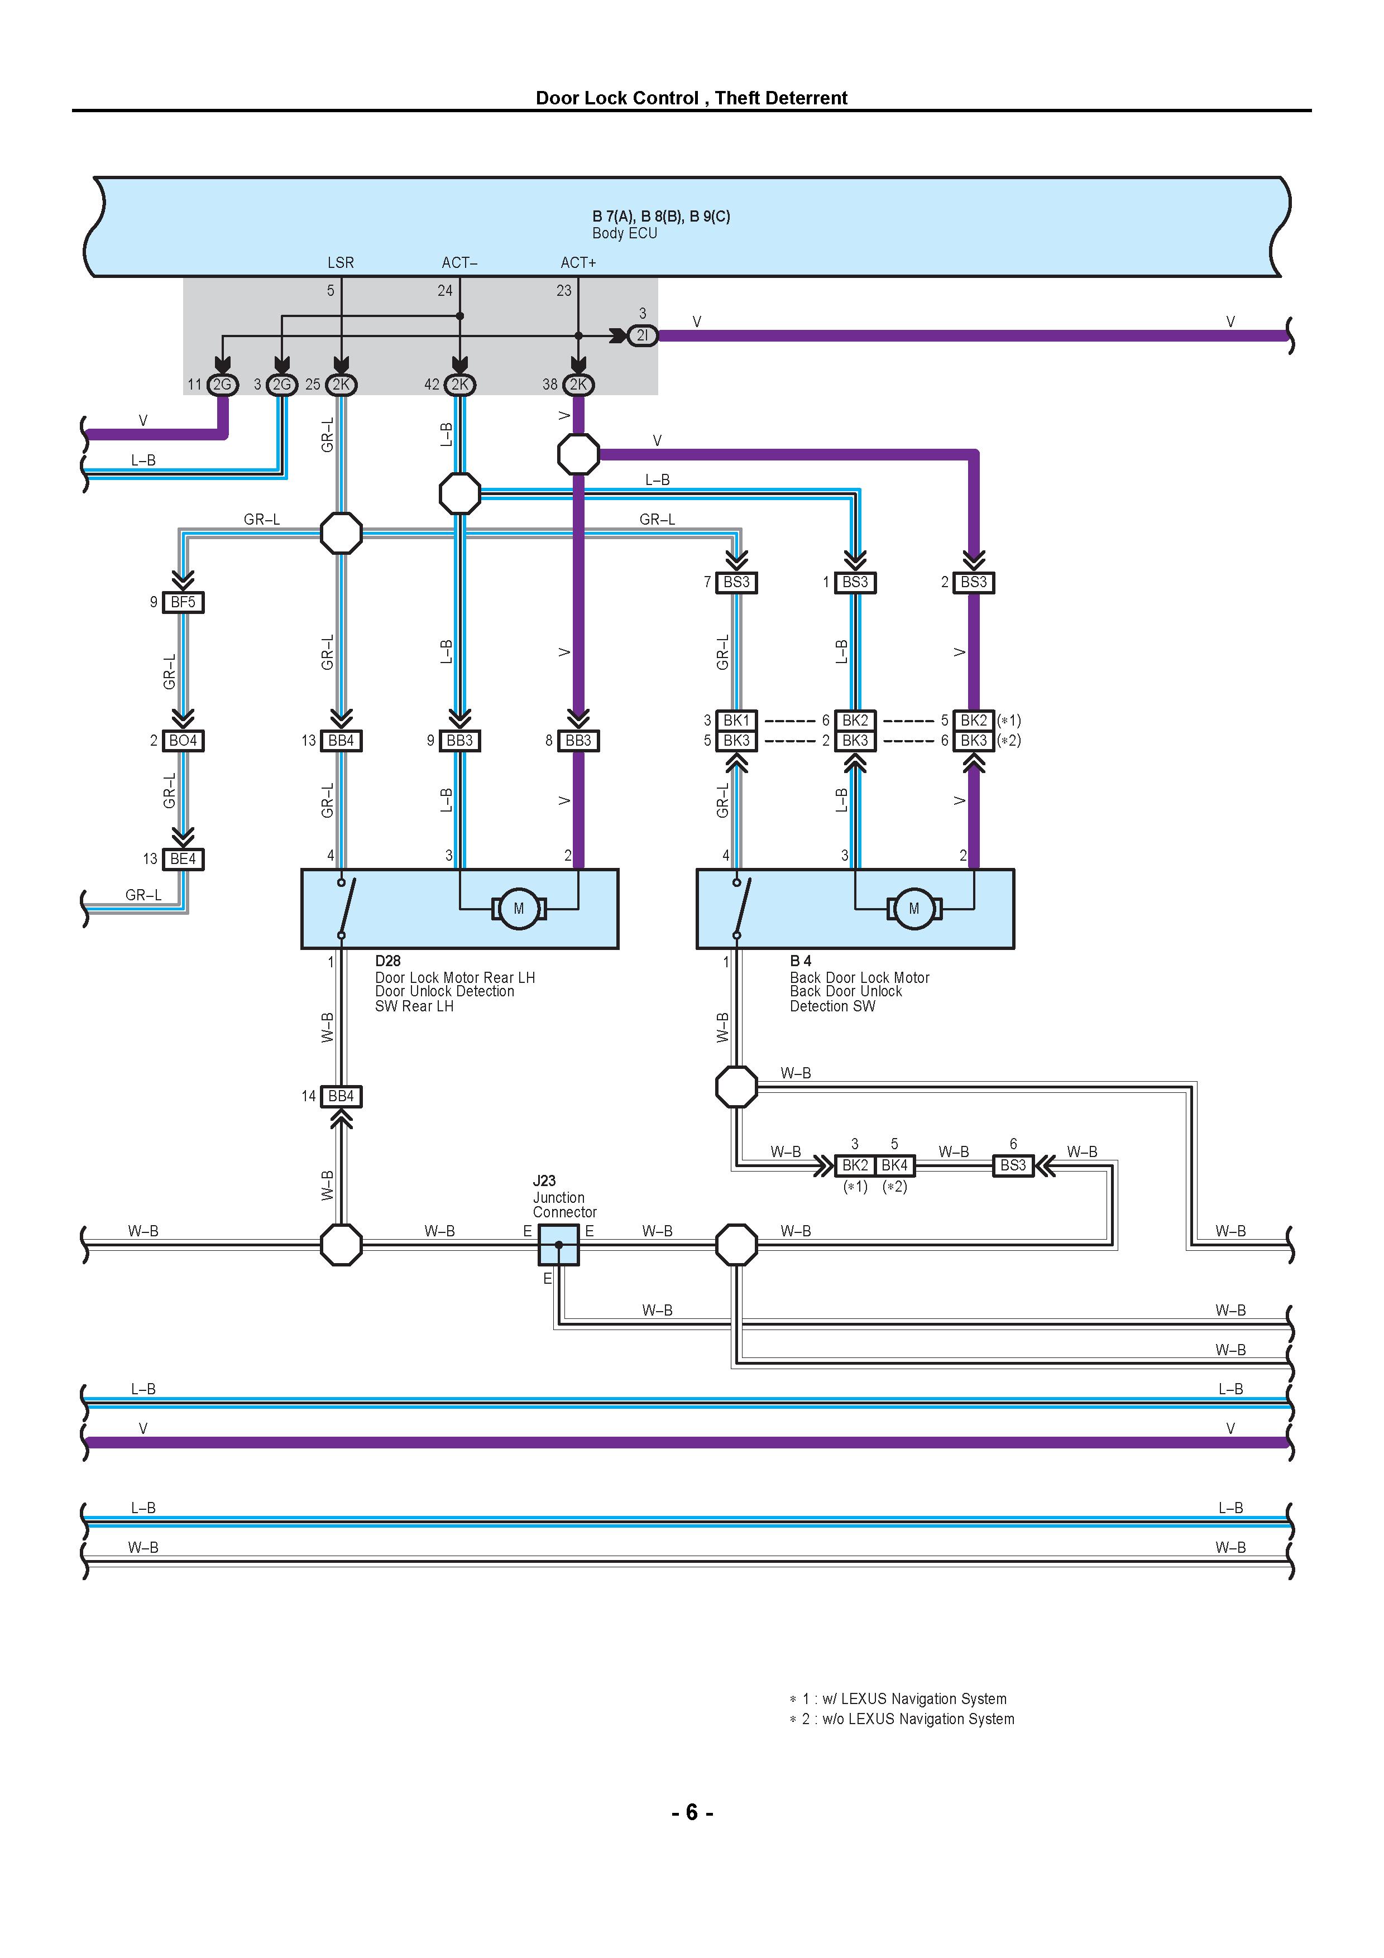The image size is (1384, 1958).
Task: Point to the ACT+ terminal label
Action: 578,263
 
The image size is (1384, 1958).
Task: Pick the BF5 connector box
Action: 183,602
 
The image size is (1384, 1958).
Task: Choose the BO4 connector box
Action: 183,740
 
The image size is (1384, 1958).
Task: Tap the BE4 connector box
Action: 183,859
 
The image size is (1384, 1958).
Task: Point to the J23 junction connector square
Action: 558,1245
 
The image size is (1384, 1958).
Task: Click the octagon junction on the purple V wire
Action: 578,454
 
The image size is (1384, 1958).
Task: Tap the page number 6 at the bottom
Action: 692,1812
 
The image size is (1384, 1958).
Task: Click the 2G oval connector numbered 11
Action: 222,385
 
